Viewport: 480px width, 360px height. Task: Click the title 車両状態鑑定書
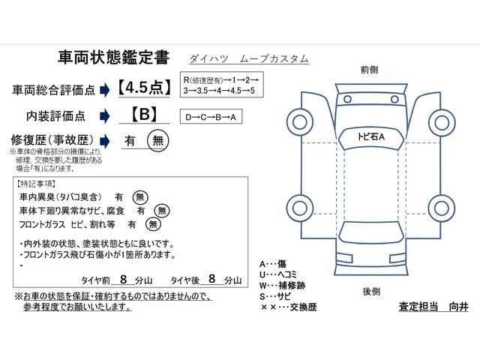[113, 58]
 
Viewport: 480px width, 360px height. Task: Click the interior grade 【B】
[143, 115]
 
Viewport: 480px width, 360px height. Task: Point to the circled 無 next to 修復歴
[157, 139]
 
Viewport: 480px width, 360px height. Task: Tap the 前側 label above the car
[369, 70]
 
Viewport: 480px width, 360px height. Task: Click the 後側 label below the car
[371, 291]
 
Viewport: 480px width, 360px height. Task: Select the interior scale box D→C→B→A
[212, 117]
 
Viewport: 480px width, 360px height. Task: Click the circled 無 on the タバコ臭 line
[140, 196]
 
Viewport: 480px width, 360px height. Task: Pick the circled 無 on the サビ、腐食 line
[161, 210]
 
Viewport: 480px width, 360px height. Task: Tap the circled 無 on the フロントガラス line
[153, 223]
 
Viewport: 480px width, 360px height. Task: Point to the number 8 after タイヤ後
[212, 278]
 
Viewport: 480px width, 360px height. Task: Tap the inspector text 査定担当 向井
[433, 307]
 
